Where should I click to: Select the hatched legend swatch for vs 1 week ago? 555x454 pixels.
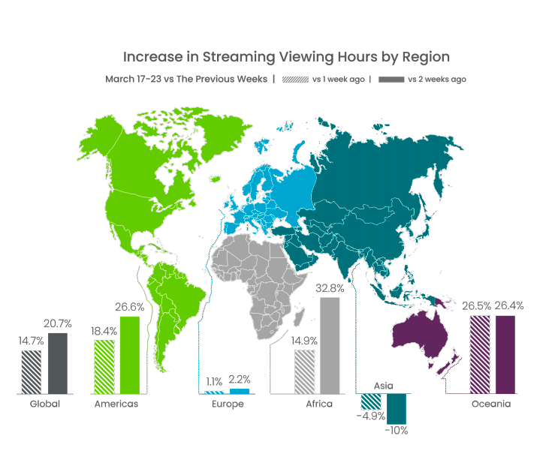(x=296, y=79)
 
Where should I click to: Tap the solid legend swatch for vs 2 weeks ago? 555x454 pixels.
(x=391, y=79)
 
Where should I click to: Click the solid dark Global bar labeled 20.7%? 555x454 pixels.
(x=58, y=363)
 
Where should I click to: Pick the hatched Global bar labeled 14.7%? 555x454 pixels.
(x=32, y=371)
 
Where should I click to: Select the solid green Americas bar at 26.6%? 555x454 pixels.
(x=130, y=355)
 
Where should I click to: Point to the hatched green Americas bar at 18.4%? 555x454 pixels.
(x=104, y=366)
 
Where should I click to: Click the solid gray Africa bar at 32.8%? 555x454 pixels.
(x=330, y=345)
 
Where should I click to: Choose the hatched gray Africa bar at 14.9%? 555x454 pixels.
(x=304, y=371)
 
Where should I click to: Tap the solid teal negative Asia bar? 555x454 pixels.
(x=396, y=408)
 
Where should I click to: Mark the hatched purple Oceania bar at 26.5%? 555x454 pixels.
(x=480, y=354)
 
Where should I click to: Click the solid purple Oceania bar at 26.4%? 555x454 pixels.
(x=505, y=354)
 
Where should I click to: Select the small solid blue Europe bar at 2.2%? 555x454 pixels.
(x=240, y=391)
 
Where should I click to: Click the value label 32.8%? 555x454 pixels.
(x=330, y=287)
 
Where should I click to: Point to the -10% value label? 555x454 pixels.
(x=396, y=431)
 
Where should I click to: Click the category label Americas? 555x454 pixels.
(x=116, y=404)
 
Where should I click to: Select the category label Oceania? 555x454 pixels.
(x=491, y=404)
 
